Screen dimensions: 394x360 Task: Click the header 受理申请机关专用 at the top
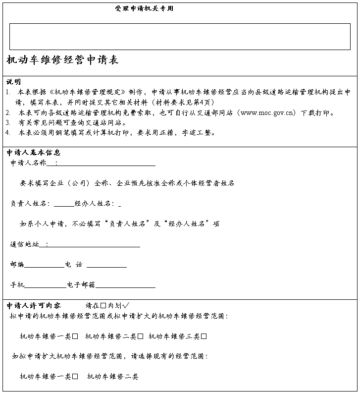(x=144, y=9)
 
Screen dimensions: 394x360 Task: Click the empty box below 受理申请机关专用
(x=180, y=37)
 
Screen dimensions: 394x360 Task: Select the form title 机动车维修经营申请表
(x=62, y=60)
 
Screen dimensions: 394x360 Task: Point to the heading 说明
(x=13, y=82)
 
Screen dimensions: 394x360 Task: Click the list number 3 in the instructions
(x=8, y=122)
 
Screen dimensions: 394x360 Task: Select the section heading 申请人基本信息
(x=34, y=153)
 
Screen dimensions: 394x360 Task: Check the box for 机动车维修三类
(x=204, y=337)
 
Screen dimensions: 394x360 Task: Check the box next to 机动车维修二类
(x=141, y=337)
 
